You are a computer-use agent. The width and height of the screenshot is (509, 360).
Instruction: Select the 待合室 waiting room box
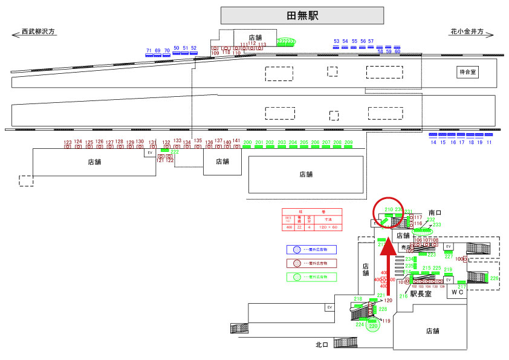point(468,72)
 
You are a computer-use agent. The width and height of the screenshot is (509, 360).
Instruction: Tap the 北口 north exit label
point(322,345)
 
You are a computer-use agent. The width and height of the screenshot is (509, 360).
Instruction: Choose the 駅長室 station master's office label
point(421,294)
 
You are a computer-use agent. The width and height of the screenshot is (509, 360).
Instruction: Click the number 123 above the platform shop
point(68,142)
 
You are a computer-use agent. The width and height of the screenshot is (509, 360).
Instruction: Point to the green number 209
point(348,143)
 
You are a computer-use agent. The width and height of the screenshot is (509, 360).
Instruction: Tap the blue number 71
point(149,51)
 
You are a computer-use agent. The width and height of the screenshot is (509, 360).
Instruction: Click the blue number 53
point(337,41)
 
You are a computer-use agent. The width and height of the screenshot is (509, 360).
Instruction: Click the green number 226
point(494,278)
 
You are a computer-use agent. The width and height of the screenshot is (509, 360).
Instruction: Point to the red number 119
point(387,321)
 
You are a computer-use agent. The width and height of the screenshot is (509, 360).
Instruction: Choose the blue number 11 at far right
point(489,142)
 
